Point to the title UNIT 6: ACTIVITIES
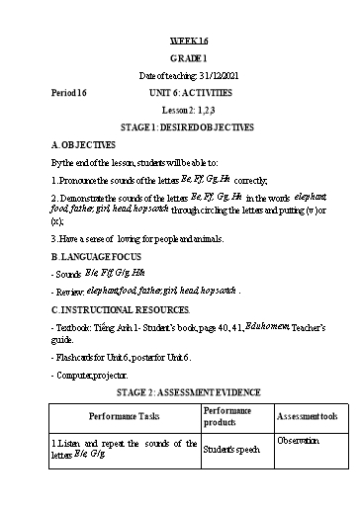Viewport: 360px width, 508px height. pos(187,92)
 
